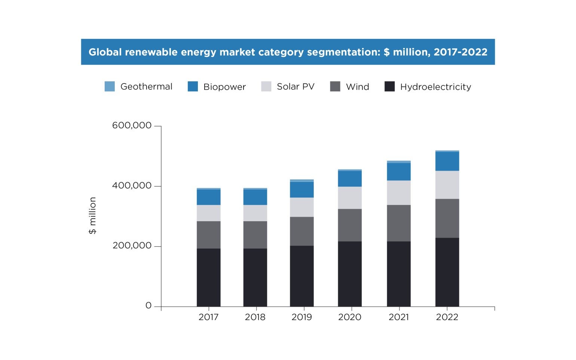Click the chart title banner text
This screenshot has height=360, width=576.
288,52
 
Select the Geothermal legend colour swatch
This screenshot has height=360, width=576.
110,86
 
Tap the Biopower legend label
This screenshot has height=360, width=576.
224,87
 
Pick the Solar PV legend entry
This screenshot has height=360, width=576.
295,86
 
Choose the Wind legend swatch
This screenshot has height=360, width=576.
335,86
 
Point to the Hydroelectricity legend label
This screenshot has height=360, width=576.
435,87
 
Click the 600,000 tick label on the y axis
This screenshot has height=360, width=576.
132,125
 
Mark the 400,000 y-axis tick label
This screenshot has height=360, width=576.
132,186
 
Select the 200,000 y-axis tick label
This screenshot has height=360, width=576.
132,245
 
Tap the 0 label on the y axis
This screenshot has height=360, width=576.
148,306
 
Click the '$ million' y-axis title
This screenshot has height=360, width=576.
92,216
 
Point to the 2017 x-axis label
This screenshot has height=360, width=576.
208,317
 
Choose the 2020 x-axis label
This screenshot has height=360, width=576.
350,317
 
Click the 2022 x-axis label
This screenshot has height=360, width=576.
447,317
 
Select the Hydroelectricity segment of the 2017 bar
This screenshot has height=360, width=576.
208,277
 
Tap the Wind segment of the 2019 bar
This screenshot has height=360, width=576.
301,231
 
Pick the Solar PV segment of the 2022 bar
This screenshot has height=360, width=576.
447,185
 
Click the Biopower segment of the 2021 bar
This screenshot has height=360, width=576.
399,172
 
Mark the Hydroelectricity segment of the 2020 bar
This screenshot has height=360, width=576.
350,274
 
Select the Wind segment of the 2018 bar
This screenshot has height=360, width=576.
255,235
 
